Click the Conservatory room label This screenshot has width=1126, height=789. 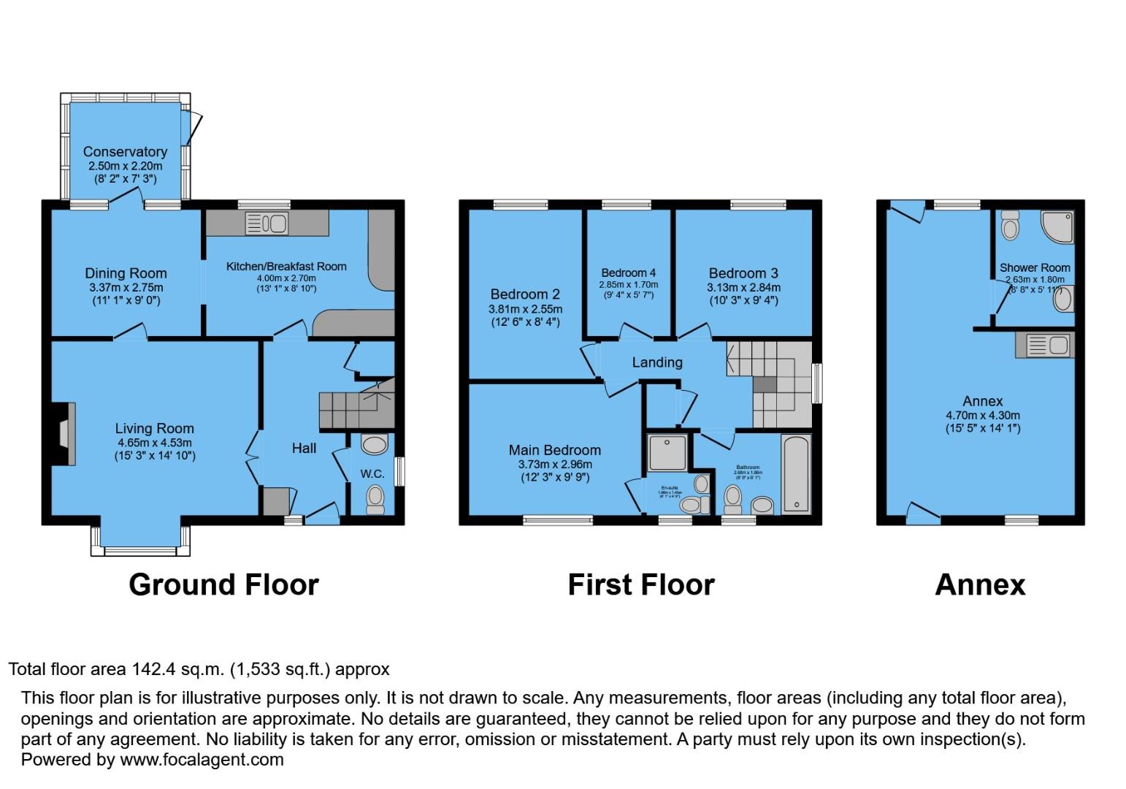[x=125, y=152]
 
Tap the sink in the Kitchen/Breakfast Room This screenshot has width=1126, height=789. [x=267, y=223]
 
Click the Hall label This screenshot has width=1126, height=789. [x=304, y=448]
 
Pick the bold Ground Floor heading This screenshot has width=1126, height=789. [x=223, y=584]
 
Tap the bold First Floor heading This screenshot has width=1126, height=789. [x=640, y=584]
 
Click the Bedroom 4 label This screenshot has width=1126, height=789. [x=628, y=272]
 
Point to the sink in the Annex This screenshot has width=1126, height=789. [x=1044, y=345]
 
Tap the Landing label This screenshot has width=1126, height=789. [x=657, y=362]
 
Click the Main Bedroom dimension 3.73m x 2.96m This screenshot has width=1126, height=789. [x=555, y=464]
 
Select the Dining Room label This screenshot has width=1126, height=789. [x=126, y=273]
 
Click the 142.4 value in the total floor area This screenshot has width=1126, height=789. [x=154, y=668]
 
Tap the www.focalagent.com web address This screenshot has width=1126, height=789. [x=202, y=759]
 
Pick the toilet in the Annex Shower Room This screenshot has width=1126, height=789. [x=1011, y=226]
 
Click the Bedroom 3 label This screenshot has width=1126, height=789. [x=743, y=273]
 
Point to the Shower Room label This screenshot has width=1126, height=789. [x=1035, y=267]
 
